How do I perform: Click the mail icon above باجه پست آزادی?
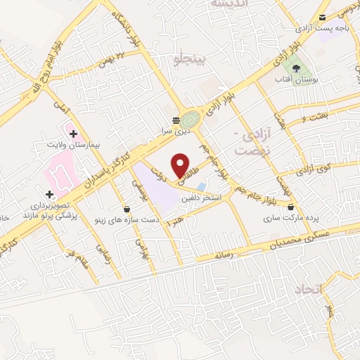pyautogui.click(x=322, y=18)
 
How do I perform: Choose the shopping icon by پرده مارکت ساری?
pyautogui.click(x=290, y=207)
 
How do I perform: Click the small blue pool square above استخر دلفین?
pyautogui.click(x=202, y=186)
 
